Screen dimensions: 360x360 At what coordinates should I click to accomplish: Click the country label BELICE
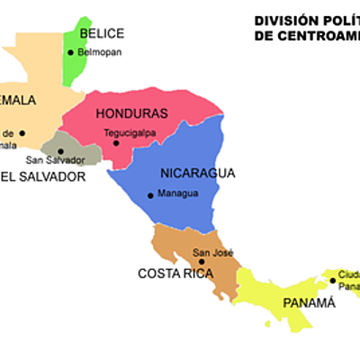(x=102, y=33)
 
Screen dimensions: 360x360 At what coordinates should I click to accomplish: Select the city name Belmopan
(x=99, y=53)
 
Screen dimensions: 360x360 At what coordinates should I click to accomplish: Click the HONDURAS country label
(x=131, y=113)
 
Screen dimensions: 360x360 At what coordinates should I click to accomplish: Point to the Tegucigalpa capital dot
(x=116, y=142)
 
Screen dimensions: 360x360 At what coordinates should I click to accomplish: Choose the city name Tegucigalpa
(x=129, y=132)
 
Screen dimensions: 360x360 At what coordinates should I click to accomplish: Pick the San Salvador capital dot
(x=60, y=151)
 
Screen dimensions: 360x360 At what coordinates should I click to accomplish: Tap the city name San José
(x=213, y=253)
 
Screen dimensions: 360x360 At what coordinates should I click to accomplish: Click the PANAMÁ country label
(x=309, y=302)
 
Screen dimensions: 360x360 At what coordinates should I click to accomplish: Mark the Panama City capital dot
(x=332, y=280)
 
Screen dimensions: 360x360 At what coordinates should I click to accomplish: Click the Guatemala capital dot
(x=22, y=133)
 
